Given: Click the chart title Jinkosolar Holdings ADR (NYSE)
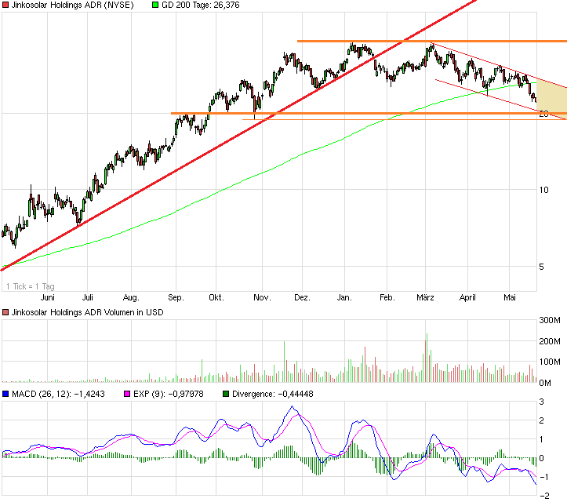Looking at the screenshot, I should [71, 5].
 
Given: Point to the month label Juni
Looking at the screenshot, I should [47, 298].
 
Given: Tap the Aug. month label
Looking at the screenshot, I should [131, 298].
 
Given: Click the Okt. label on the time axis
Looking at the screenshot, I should [216, 298].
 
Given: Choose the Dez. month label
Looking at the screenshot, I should [302, 298].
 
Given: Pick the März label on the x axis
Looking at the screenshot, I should [426, 298].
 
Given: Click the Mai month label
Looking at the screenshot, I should [510, 298].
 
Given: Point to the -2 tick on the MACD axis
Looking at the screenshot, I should [541, 495].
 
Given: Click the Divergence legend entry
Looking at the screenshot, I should [270, 394].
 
